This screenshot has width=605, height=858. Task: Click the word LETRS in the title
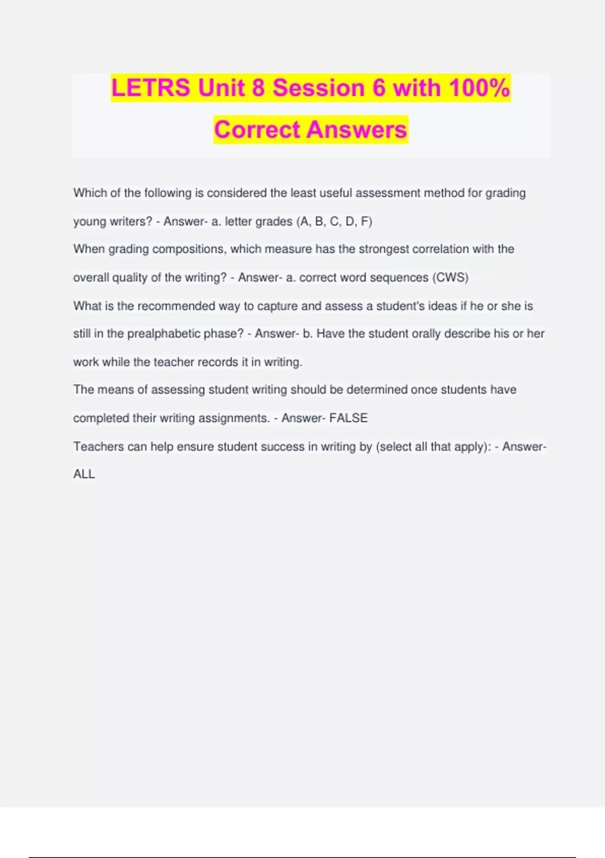coord(151,88)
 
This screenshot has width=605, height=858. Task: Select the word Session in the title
coord(319,88)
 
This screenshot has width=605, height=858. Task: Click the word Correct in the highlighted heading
coord(257,130)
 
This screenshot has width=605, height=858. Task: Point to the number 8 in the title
coord(258,88)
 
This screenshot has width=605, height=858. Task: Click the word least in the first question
coord(304,193)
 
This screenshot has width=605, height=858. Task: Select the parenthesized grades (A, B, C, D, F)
coord(334,222)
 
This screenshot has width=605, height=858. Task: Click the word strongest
coord(384,249)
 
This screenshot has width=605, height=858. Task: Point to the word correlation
coord(453,249)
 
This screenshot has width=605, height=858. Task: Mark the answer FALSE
coord(348,418)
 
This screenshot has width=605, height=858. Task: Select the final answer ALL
coord(84,474)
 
